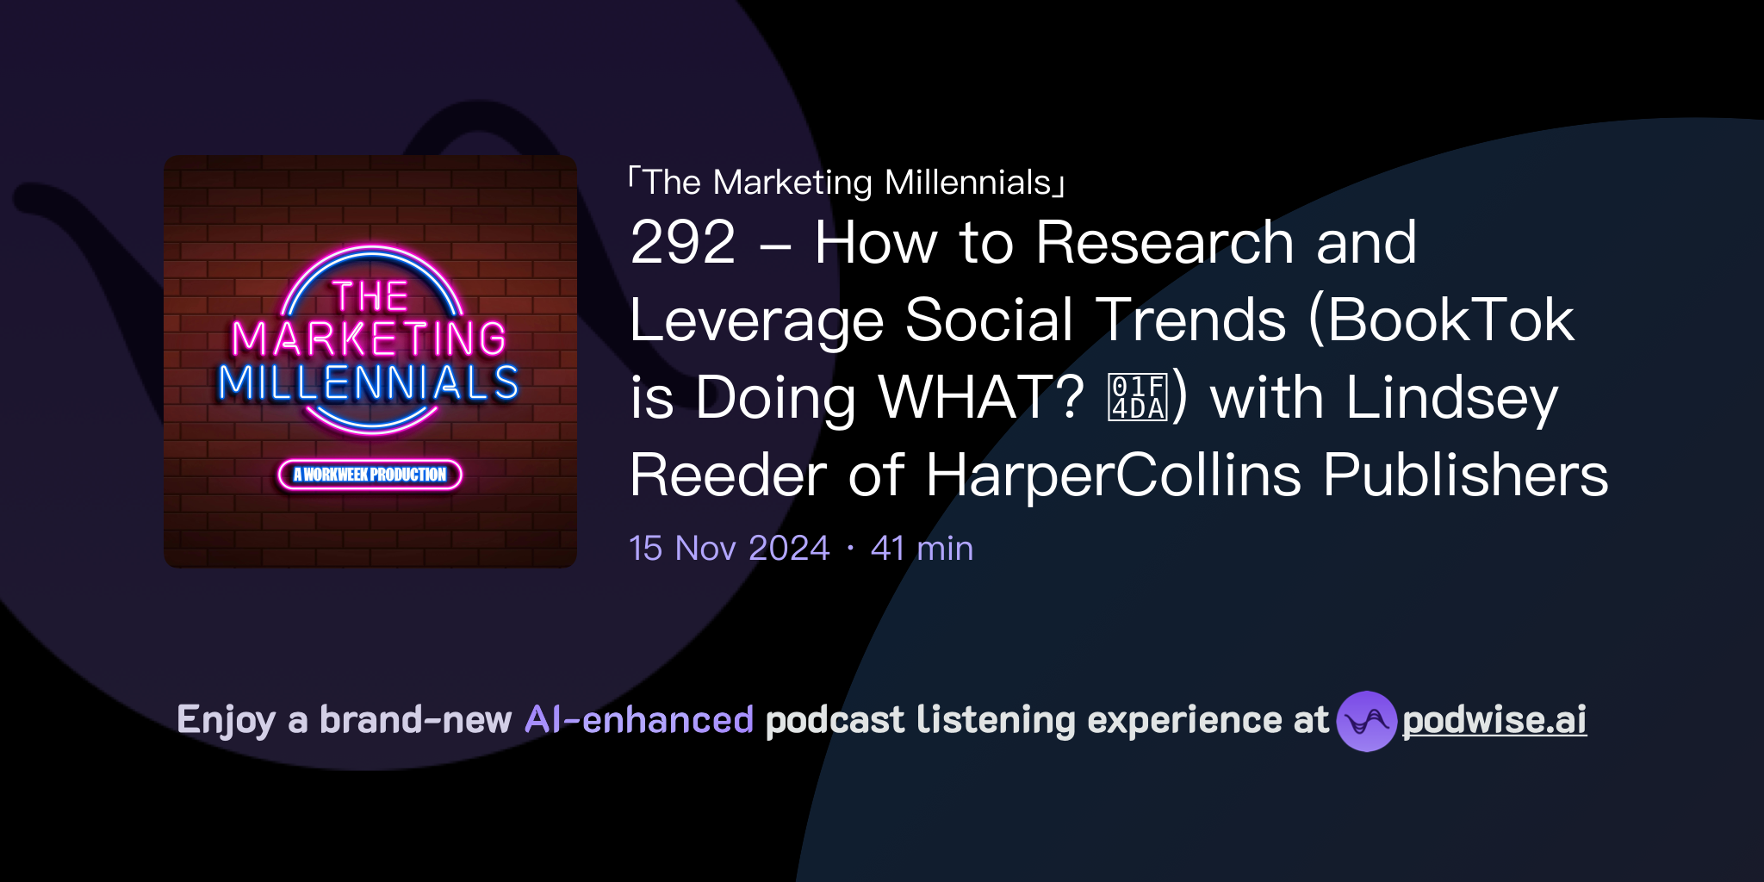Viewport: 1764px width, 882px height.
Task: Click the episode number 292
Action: point(683,243)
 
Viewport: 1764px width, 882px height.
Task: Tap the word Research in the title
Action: point(1165,243)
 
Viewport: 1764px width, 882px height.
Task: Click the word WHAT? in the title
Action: point(981,398)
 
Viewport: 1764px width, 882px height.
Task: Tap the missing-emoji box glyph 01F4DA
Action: point(1138,397)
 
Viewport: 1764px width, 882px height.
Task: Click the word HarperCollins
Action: point(1113,475)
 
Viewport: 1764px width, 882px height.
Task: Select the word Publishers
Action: point(1465,475)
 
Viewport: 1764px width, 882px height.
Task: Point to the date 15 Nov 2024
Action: point(729,549)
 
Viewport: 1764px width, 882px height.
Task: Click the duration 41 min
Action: point(922,549)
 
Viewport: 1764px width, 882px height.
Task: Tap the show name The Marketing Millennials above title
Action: point(847,183)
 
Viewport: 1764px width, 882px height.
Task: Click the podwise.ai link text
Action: point(1494,720)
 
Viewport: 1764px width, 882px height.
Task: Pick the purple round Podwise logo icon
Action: point(1366,721)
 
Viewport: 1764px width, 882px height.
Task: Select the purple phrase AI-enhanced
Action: point(639,720)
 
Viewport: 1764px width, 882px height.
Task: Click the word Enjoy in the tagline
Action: point(226,720)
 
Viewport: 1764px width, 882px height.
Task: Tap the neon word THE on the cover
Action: point(370,296)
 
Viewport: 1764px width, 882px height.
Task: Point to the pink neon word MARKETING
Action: point(370,339)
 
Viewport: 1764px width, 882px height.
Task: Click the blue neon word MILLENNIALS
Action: point(370,383)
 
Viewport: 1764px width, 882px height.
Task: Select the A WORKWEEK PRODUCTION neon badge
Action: point(370,475)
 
